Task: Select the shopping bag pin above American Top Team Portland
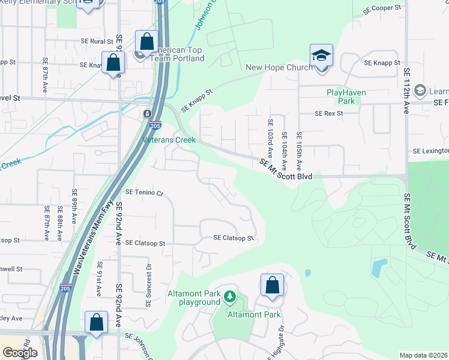[146, 41]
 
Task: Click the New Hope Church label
[279, 67]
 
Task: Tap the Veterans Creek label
[169, 140]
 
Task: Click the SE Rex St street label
[328, 113]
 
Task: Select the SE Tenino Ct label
[144, 193]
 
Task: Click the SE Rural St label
[97, 41]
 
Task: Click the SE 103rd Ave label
[270, 139]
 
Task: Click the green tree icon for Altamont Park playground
[229, 296]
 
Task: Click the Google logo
[20, 353]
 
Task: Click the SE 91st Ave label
[100, 279]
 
